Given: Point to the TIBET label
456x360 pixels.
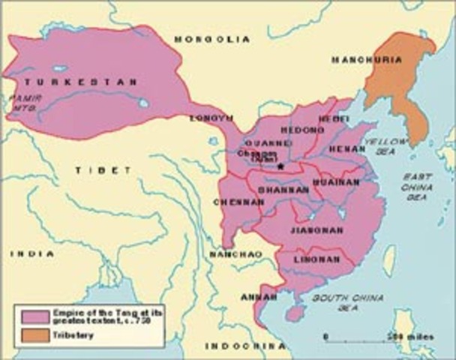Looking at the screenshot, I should (92, 172).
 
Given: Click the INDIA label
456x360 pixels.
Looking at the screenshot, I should (31, 254).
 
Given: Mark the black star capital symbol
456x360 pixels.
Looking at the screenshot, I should (280, 165).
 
